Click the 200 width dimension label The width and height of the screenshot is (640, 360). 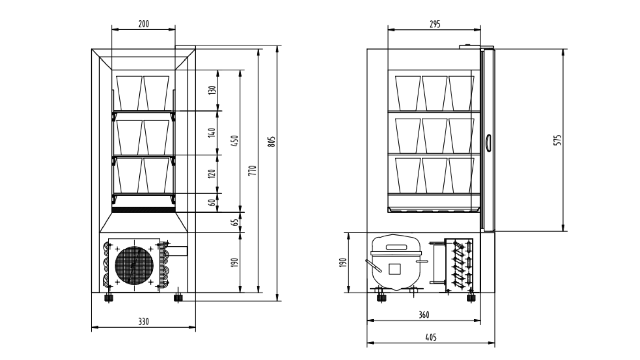pyautogui.click(x=144, y=24)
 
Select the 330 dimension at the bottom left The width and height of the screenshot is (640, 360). pyautogui.click(x=144, y=322)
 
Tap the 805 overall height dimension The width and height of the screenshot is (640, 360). pyautogui.click(x=272, y=141)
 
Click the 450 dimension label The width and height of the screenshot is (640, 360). pyautogui.click(x=235, y=141)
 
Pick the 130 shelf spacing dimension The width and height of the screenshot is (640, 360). pyautogui.click(x=212, y=90)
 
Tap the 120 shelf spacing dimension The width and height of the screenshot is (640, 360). pyautogui.click(x=212, y=173)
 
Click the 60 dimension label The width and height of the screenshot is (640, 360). pyautogui.click(x=212, y=202)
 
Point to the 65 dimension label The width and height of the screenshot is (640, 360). pyautogui.click(x=235, y=222)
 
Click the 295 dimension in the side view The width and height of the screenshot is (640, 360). pyautogui.click(x=434, y=24)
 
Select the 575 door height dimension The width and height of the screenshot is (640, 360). pyautogui.click(x=558, y=140)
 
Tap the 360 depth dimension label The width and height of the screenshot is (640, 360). pyautogui.click(x=423, y=315)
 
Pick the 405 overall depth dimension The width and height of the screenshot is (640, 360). pyautogui.click(x=431, y=337)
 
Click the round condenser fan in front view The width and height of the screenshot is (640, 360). pyautogui.click(x=134, y=265)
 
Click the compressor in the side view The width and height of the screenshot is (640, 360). pyautogui.click(x=395, y=263)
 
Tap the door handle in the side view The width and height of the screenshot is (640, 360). pyautogui.click(x=488, y=142)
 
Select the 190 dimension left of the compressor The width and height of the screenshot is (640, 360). pyautogui.click(x=344, y=262)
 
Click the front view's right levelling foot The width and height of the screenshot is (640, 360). pyautogui.click(x=178, y=297)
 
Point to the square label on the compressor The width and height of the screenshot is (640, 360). pyautogui.click(x=395, y=269)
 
